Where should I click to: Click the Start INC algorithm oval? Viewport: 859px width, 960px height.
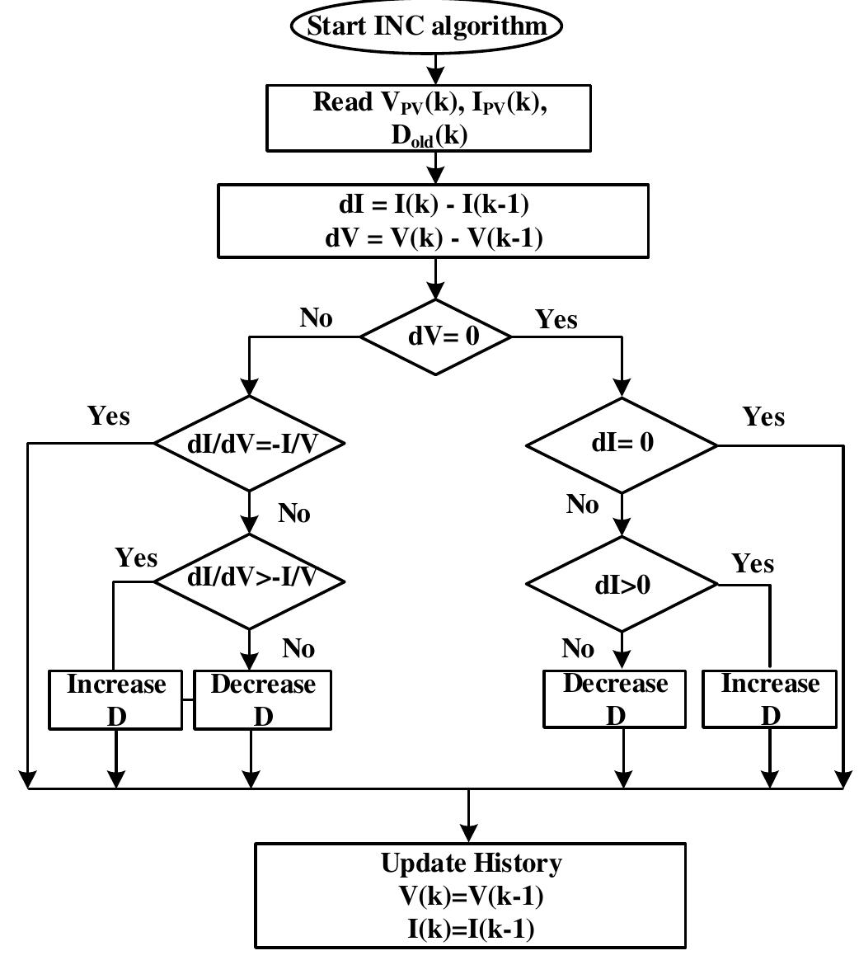point(425,26)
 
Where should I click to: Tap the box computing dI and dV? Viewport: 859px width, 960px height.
point(433,220)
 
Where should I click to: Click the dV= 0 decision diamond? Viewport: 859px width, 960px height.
point(435,336)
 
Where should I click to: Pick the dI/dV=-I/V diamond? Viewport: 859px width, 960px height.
point(249,443)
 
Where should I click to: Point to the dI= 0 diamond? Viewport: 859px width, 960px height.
point(622,445)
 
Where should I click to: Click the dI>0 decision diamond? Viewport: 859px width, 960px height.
point(622,584)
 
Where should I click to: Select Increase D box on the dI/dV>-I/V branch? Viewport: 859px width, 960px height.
point(115,700)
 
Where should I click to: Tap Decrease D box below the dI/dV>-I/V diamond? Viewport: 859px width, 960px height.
point(263,700)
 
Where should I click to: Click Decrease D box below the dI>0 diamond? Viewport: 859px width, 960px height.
point(615,699)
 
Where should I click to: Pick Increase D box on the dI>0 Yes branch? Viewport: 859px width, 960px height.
point(770,699)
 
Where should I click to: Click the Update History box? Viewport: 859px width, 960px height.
point(470,896)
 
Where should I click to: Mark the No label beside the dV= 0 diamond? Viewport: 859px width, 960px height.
point(316,318)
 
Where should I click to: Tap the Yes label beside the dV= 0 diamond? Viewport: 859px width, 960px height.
point(556,319)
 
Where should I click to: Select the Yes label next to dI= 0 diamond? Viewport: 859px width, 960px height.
point(763,416)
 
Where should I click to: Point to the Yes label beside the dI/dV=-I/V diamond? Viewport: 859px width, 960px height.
point(109,416)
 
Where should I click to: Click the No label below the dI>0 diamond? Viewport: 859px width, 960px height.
point(578,649)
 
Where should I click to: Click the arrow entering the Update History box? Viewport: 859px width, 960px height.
point(469,816)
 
